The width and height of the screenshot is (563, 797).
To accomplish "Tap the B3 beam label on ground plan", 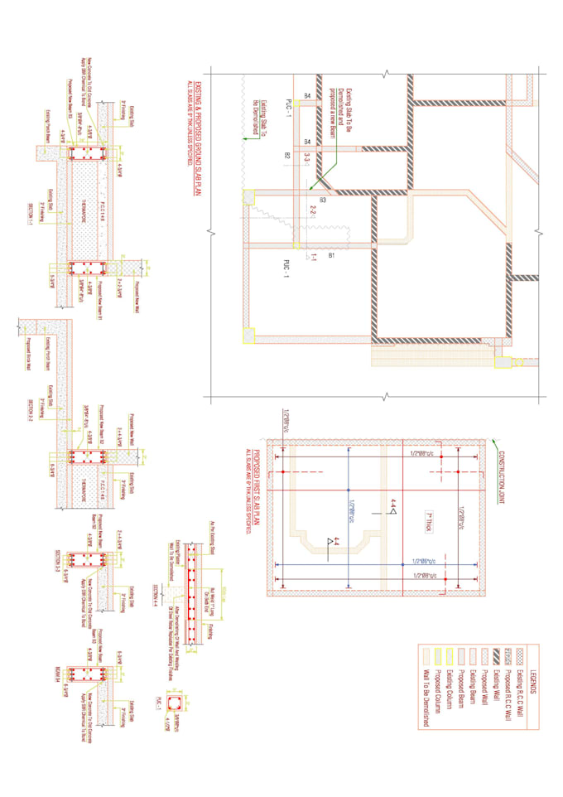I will coord(323,199).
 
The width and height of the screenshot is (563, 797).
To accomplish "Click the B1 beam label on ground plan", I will coord(332,256).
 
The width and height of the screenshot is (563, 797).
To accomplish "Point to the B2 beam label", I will coord(288,155).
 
